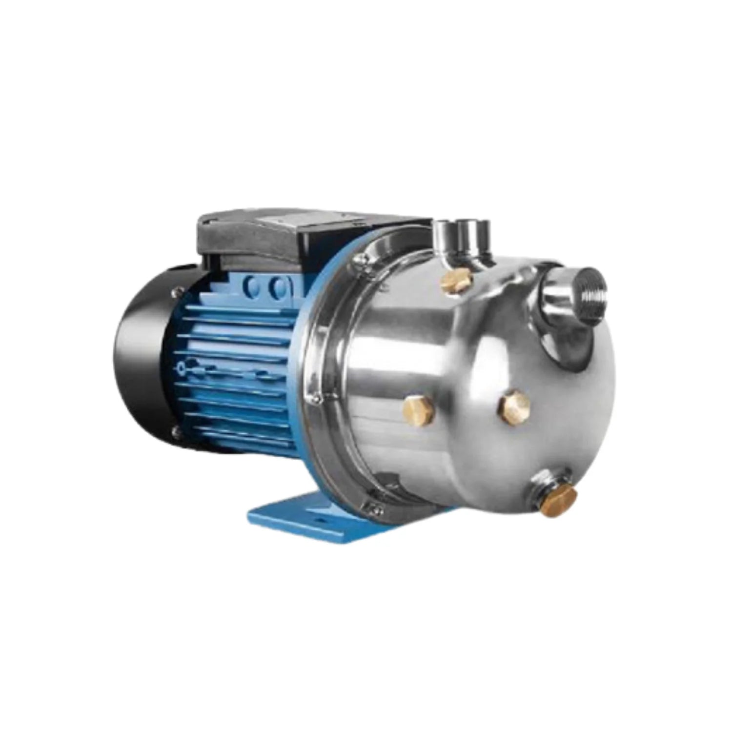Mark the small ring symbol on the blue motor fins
pos(182,366)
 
